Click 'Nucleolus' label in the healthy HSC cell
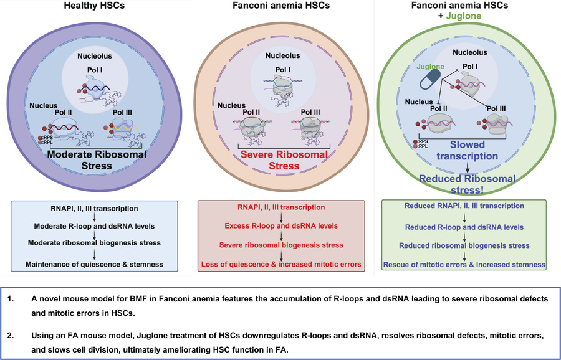point(95,55)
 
